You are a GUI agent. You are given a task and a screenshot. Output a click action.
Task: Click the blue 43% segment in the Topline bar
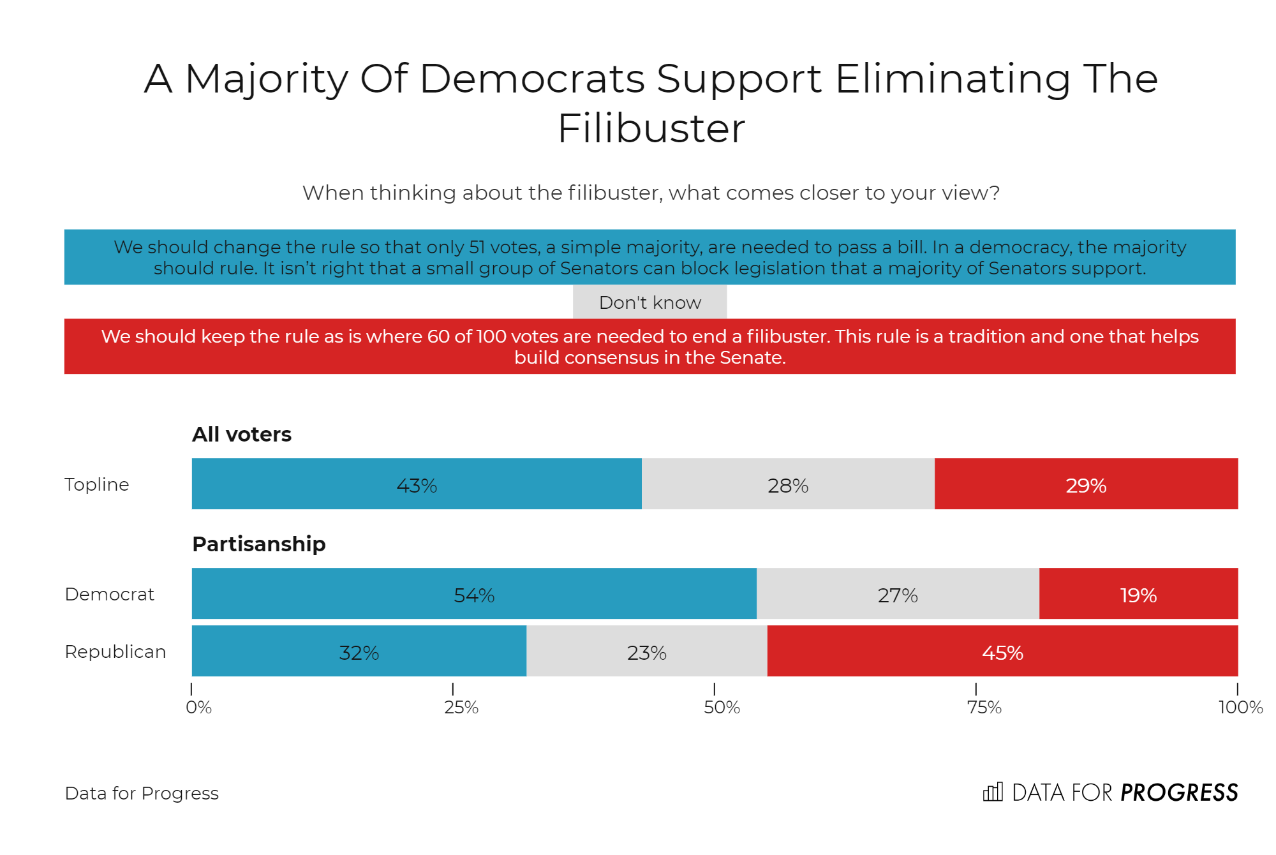(x=417, y=484)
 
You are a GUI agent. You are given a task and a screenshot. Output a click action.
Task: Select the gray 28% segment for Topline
(x=788, y=484)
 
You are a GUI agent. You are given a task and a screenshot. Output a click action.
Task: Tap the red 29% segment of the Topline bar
(x=1086, y=484)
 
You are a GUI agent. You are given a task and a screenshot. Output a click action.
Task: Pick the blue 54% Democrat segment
(x=474, y=593)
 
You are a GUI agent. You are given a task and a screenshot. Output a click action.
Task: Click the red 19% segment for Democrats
(x=1138, y=593)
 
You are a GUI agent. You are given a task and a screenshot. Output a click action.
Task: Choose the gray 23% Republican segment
(x=646, y=651)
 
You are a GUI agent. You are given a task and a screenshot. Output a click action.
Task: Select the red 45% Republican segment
(x=1002, y=651)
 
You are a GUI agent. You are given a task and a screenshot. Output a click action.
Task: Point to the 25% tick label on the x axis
(x=461, y=707)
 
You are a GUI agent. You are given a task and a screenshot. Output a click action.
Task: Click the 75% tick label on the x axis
(x=984, y=707)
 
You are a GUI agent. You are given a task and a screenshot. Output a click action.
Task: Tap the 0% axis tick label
(x=198, y=707)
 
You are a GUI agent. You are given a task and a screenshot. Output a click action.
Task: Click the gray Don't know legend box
(x=649, y=302)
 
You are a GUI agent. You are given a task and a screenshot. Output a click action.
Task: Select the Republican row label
(x=115, y=651)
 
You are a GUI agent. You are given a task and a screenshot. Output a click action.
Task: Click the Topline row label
(x=97, y=484)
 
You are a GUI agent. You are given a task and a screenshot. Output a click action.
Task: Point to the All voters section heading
(x=242, y=435)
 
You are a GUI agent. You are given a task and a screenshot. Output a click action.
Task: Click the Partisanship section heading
(x=259, y=544)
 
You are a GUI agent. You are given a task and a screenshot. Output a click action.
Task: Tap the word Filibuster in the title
(x=651, y=128)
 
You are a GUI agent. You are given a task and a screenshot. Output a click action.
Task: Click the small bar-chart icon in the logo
(x=993, y=792)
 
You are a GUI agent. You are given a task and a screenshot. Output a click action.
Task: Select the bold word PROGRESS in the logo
(x=1179, y=792)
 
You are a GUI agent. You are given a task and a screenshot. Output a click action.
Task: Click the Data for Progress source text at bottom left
(x=142, y=793)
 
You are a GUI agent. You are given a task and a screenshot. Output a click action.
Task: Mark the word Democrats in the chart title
(x=532, y=79)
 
